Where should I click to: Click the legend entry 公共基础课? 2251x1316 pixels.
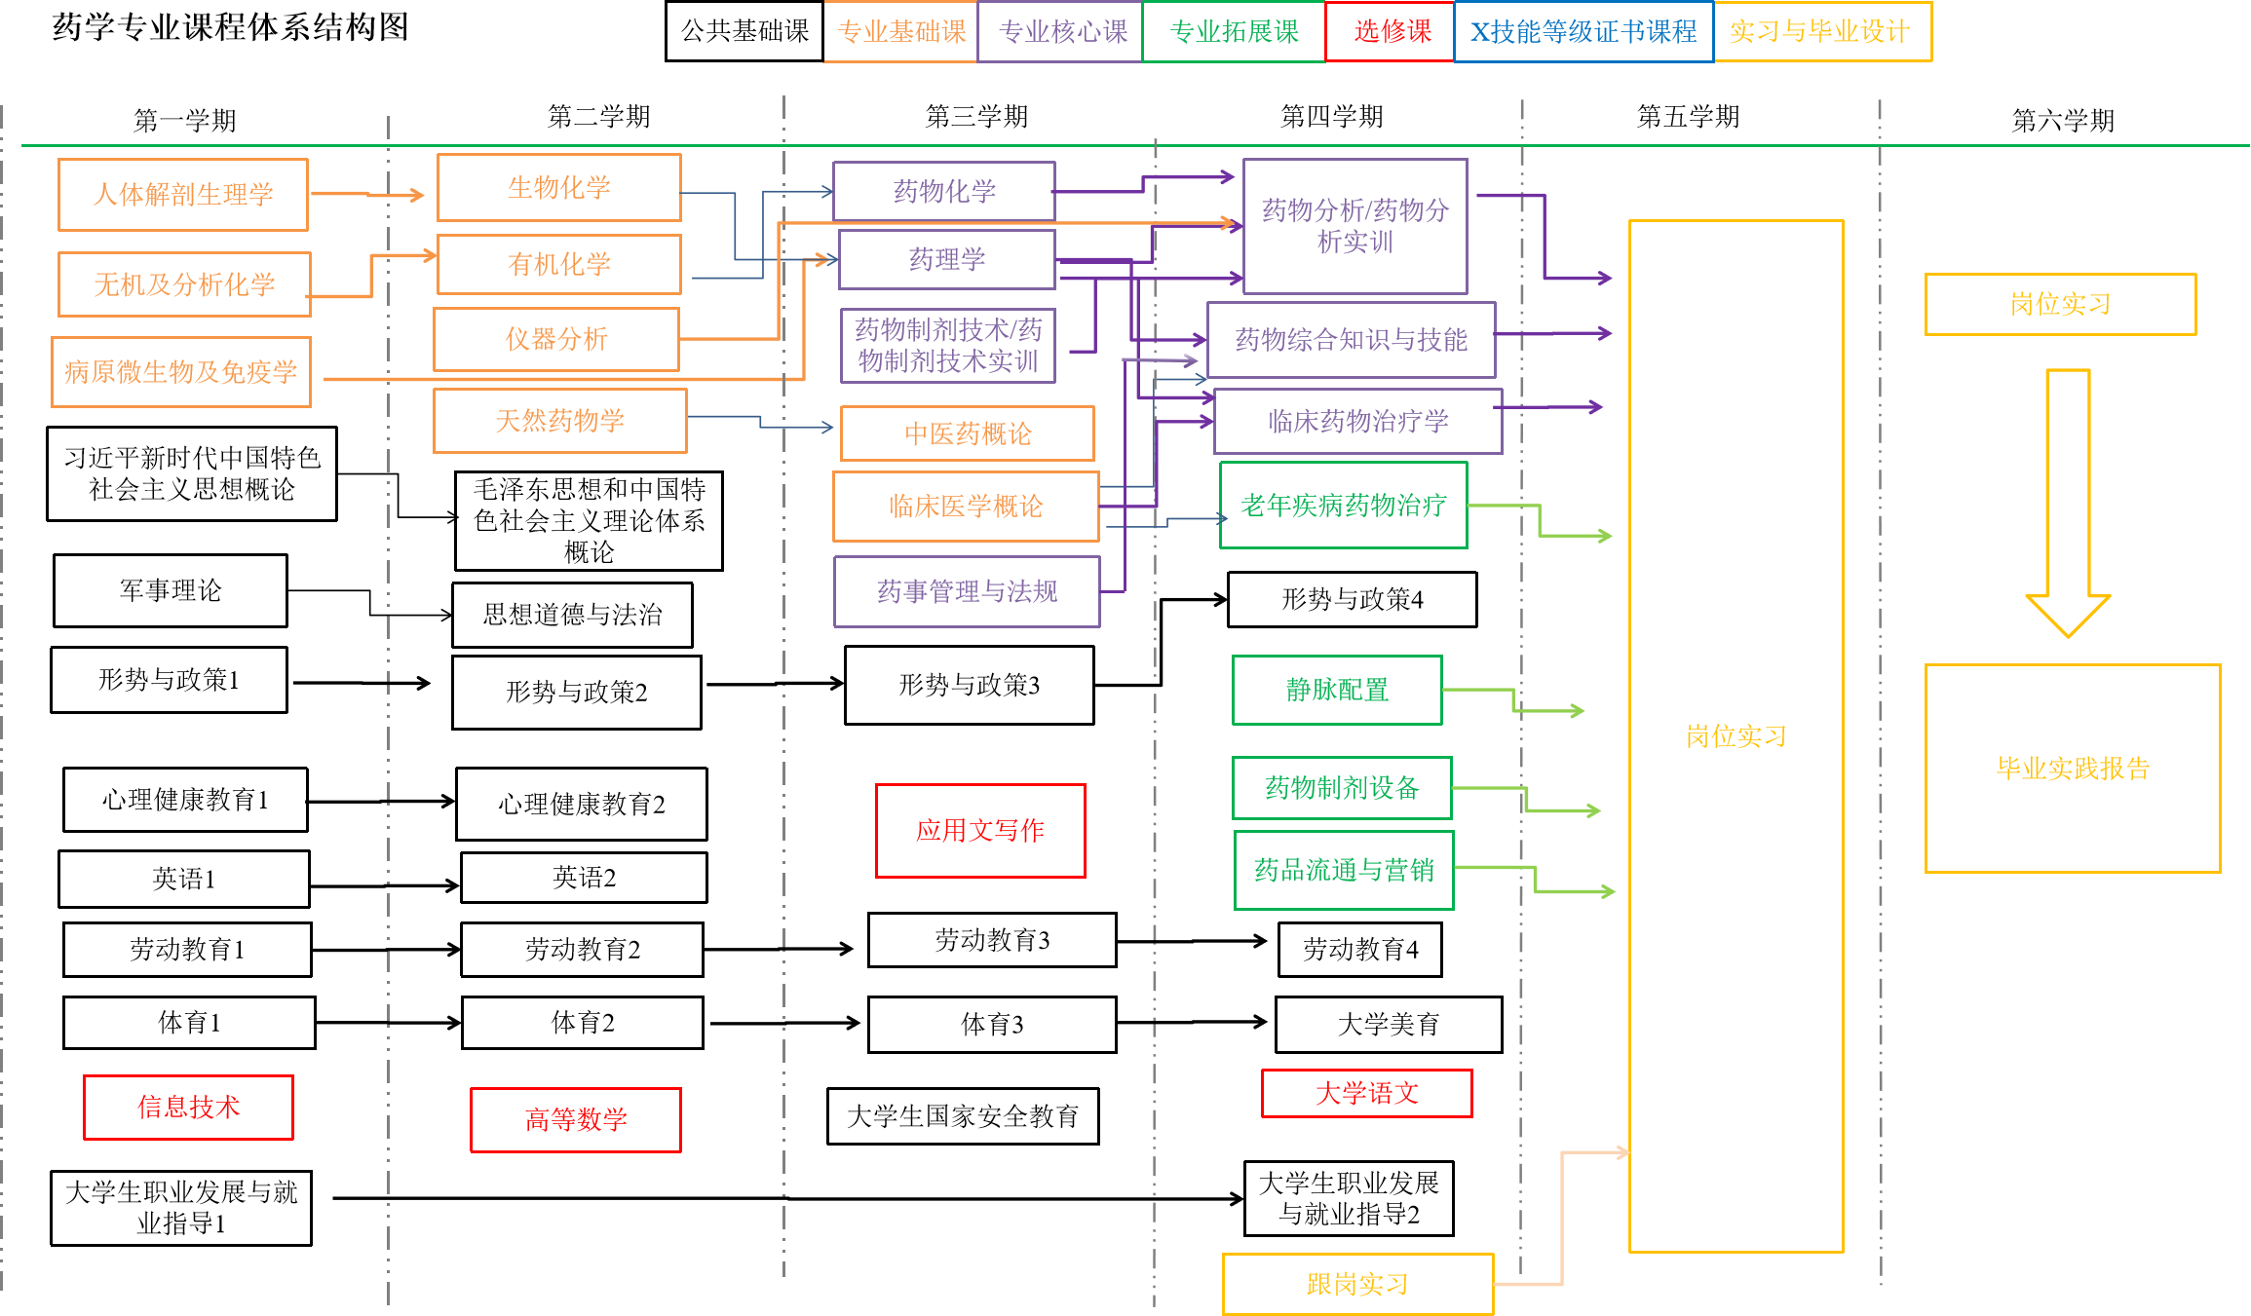744,31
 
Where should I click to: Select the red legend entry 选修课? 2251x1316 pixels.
1391,31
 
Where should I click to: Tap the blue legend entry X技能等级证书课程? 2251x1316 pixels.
1583,32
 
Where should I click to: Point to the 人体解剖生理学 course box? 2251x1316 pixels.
183,194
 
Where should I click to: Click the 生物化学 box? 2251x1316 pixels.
558,187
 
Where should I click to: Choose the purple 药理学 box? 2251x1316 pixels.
946,259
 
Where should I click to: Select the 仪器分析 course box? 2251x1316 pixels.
555,339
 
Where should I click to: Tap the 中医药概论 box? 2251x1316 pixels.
967,433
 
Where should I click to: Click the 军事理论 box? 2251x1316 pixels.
171,590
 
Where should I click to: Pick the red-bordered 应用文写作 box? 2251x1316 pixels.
980,830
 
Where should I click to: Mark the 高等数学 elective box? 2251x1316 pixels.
575,1119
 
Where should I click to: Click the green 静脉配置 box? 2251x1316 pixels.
1337,690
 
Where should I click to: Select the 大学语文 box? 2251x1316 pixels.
1366,1093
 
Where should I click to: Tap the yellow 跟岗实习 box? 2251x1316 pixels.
1357,1284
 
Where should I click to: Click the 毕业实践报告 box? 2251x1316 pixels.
2073,768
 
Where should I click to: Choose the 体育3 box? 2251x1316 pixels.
992,1024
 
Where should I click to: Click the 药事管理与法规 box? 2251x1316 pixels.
967,591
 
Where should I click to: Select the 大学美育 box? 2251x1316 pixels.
1388,1024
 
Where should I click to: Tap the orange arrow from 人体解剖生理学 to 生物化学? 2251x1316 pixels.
368,195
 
